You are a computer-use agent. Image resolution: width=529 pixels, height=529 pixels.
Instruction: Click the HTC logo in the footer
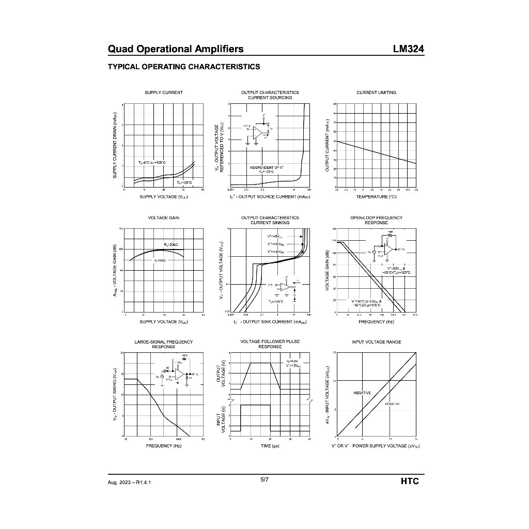tap(409, 481)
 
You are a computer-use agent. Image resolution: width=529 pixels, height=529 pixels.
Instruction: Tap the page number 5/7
tap(264, 479)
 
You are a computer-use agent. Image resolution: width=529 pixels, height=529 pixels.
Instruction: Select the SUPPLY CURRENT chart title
tap(163, 92)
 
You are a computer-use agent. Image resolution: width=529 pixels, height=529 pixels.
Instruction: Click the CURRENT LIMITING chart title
tap(376, 92)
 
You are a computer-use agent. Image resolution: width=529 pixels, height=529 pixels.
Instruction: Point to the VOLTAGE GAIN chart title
tap(163, 218)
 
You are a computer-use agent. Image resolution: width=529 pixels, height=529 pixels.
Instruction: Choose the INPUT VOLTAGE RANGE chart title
tap(376, 342)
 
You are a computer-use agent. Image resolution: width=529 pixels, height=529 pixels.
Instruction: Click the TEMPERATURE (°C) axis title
tap(376, 197)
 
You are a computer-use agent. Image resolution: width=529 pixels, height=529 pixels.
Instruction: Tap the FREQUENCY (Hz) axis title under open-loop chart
tap(376, 322)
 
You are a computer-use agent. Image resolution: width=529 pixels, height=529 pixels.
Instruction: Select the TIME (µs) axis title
tap(270, 445)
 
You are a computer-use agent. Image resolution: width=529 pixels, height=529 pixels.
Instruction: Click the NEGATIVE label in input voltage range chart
tap(362, 393)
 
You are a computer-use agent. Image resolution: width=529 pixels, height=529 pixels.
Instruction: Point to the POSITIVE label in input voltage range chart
tap(394, 403)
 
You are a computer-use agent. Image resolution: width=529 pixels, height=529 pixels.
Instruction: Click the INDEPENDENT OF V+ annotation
tap(267, 168)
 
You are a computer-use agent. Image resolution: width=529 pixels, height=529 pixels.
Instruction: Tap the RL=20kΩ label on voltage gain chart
tap(171, 244)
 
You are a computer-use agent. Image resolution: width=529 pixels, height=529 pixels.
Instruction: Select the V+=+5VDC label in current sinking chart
tap(274, 236)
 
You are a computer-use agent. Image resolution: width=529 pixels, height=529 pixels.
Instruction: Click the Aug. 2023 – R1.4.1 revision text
tap(130, 482)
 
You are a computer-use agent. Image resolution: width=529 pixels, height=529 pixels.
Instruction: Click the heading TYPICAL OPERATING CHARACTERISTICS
tap(183, 67)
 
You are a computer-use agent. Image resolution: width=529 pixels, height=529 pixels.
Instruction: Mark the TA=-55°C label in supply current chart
tap(184, 182)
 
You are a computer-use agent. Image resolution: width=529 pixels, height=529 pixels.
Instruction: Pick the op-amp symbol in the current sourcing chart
tap(258, 131)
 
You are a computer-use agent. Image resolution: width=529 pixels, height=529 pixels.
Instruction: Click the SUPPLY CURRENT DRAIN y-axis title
tap(115, 146)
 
